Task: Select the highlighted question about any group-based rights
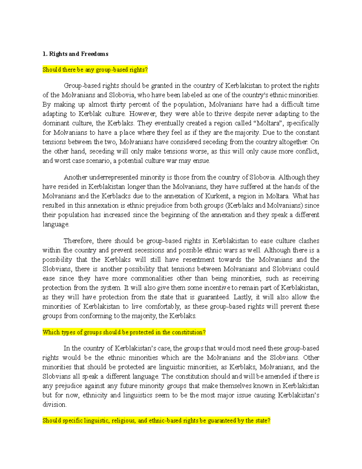[95, 70]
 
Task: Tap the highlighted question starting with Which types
[124, 332]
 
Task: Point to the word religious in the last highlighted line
[123, 421]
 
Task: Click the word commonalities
[152, 278]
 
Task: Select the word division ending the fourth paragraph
[54, 405]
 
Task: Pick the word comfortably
[163, 307]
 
